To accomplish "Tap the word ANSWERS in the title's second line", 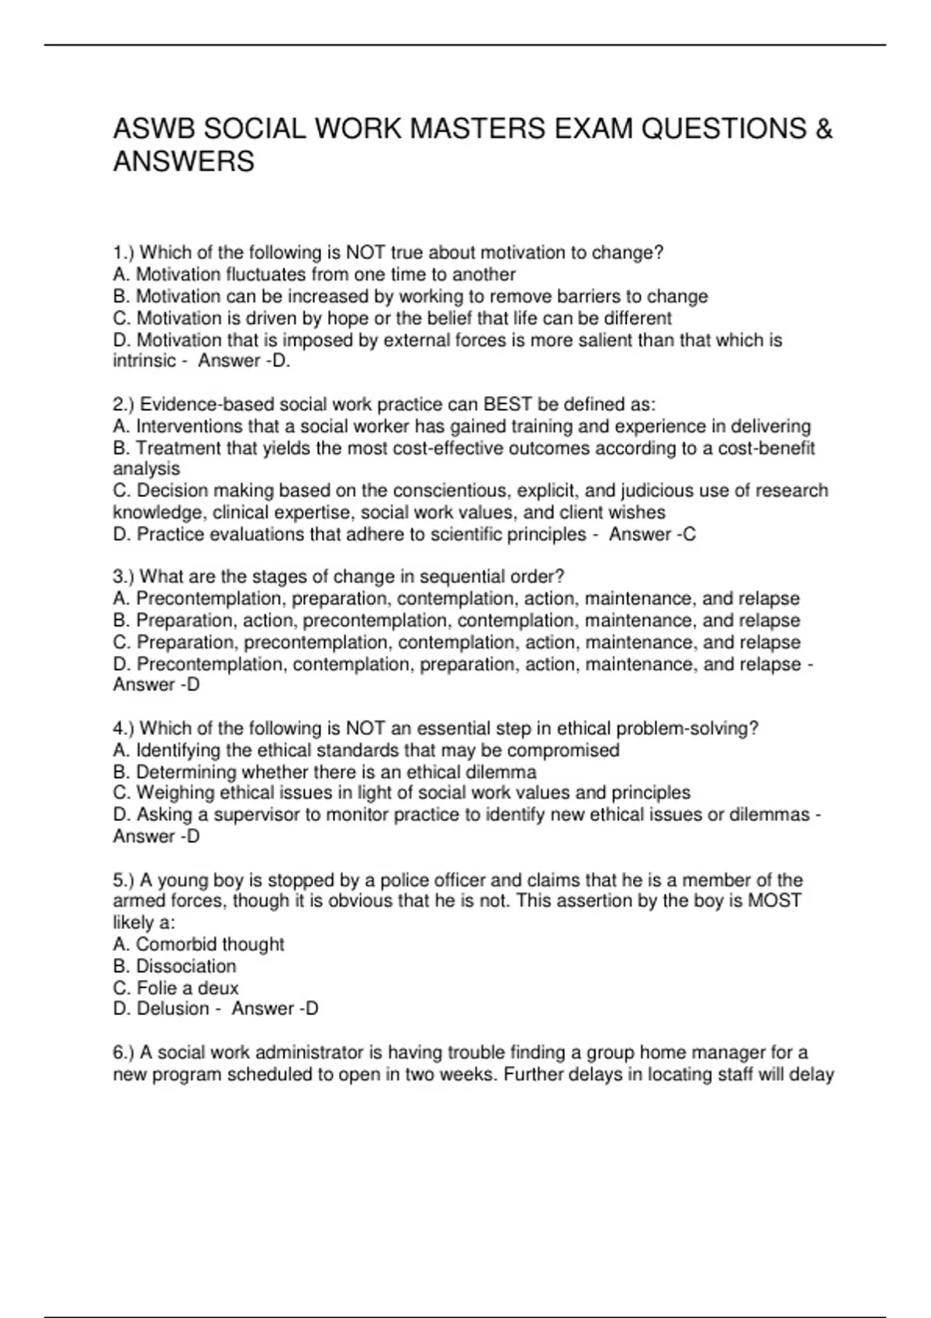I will [x=184, y=162].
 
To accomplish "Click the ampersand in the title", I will [x=824, y=129].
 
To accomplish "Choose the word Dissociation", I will [x=186, y=966].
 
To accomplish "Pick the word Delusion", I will [x=173, y=1009].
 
